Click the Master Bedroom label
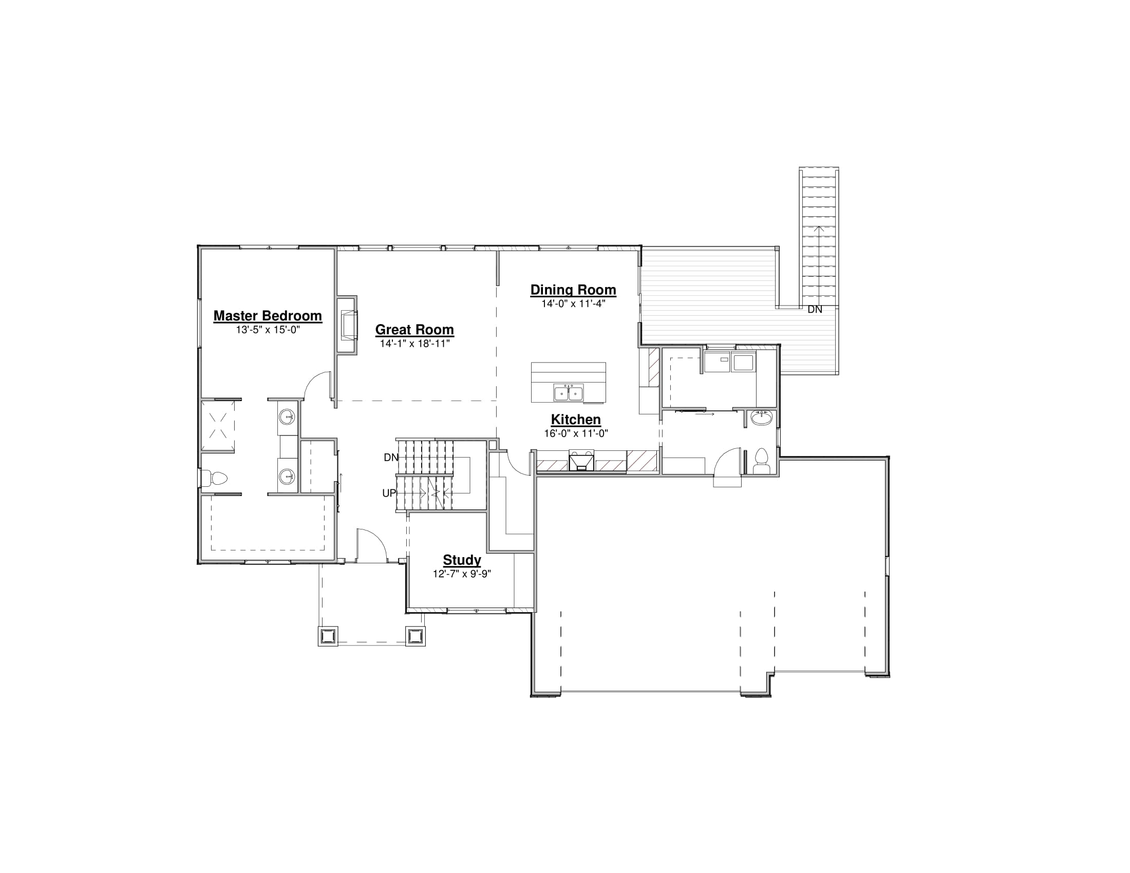point(268,315)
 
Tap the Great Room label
point(415,330)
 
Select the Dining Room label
point(573,290)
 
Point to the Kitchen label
point(576,420)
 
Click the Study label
point(462,560)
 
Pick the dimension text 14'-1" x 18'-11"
point(415,344)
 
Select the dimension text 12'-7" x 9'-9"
point(462,574)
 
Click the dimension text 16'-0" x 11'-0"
point(576,433)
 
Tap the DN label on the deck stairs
point(815,309)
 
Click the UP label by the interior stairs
point(389,494)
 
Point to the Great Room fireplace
point(347,325)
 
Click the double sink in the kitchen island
point(569,393)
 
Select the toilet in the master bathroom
point(216,479)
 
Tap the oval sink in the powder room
point(761,417)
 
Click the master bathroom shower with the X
point(218,426)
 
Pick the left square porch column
point(328,636)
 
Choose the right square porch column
point(415,636)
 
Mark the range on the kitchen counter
point(581,460)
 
